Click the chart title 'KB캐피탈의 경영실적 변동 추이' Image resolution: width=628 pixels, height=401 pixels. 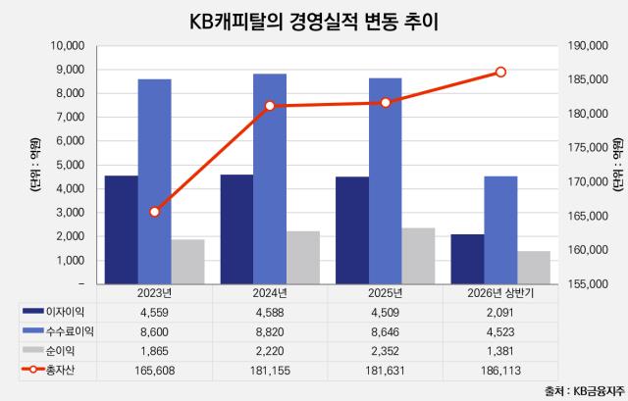(x=314, y=22)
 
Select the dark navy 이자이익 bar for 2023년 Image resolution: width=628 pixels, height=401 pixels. (x=122, y=229)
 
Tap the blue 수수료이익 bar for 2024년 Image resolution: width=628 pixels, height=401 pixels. (x=270, y=178)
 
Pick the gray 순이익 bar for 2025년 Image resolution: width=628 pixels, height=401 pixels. (x=419, y=256)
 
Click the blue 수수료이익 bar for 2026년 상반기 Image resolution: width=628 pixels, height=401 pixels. (x=500, y=230)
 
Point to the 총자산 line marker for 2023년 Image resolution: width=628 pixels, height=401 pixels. (x=155, y=212)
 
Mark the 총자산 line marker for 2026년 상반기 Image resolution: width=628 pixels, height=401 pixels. (x=500, y=72)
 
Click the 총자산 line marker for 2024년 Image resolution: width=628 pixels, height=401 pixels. (x=270, y=106)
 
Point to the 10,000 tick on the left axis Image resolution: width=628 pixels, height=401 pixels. (x=68, y=46)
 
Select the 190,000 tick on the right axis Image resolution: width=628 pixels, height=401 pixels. (x=588, y=46)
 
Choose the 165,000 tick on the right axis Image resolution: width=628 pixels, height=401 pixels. (x=588, y=216)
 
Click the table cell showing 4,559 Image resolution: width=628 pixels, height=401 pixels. (x=154, y=313)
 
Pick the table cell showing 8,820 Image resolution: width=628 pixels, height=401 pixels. (x=270, y=332)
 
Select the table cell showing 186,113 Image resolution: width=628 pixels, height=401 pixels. (x=500, y=371)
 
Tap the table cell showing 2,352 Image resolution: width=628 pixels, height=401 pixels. (x=386, y=351)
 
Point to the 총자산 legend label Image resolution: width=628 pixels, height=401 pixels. (x=60, y=371)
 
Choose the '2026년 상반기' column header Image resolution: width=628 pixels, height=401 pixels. (x=500, y=293)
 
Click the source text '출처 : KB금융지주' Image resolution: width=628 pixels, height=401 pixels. (x=585, y=390)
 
